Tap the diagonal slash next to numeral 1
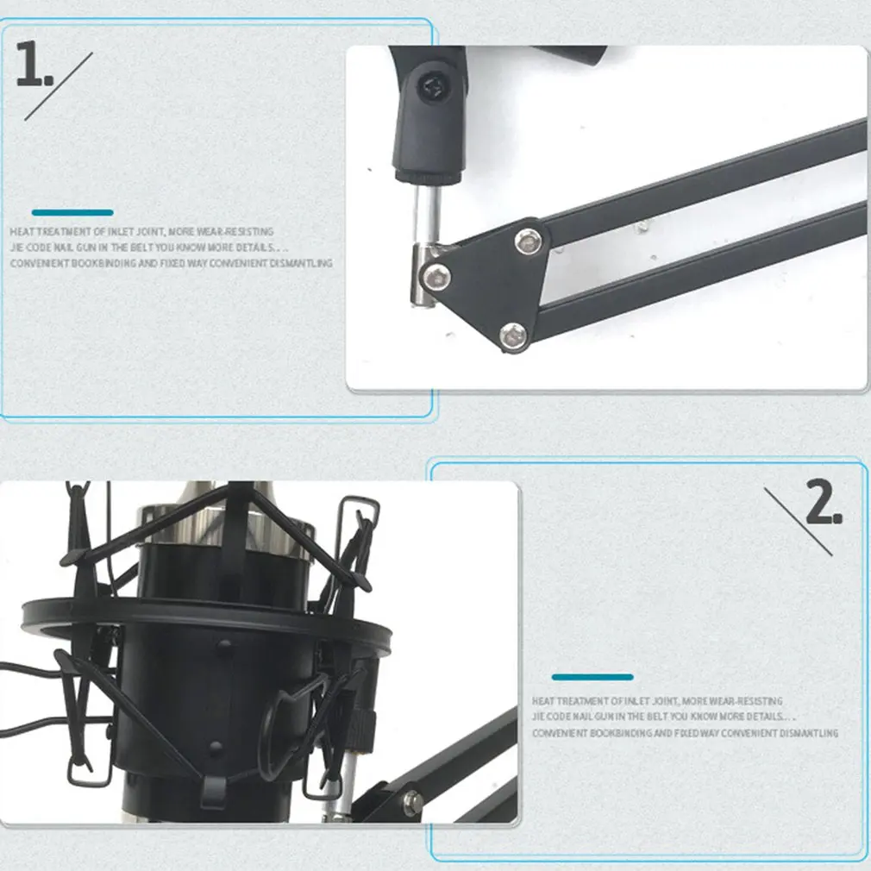pyautogui.click(x=60, y=85)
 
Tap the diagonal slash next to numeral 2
pyautogui.click(x=799, y=522)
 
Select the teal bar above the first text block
pyautogui.click(x=72, y=212)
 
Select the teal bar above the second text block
pyautogui.click(x=592, y=677)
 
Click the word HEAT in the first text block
pyautogui.click(x=23, y=232)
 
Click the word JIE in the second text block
pyautogui.click(x=539, y=717)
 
